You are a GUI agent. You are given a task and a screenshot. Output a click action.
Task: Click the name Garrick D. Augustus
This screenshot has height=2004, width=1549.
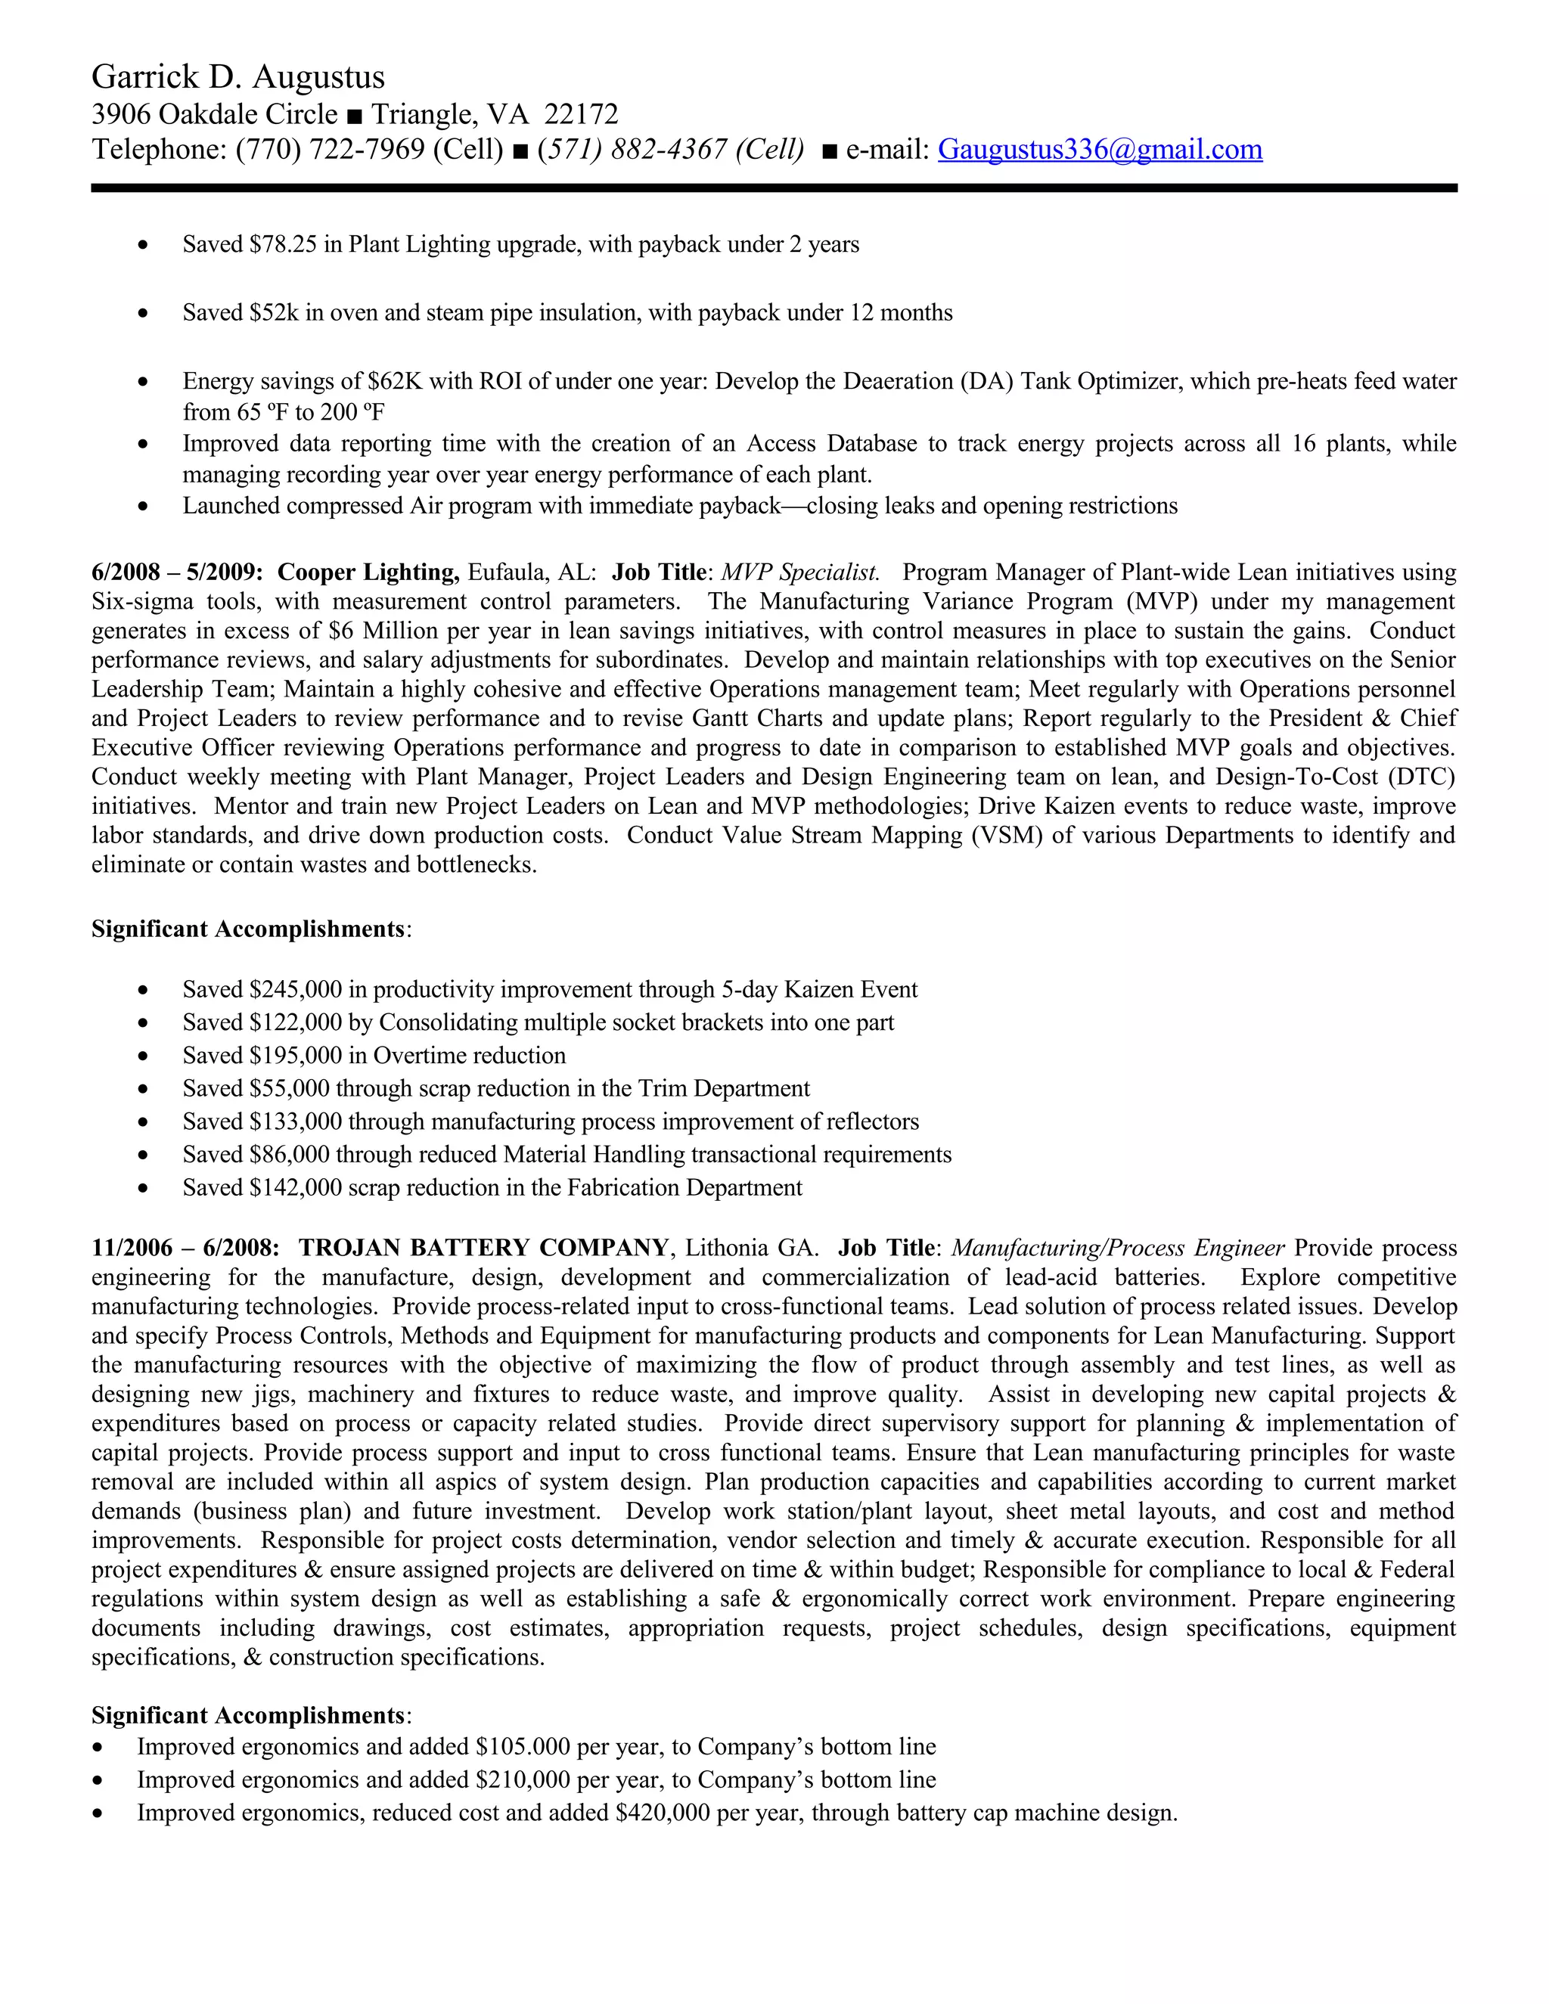(237, 77)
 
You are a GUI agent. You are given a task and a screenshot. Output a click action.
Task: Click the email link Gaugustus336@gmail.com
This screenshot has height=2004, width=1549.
(1099, 150)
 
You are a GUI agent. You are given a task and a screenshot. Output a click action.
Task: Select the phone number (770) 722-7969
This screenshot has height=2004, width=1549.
(331, 150)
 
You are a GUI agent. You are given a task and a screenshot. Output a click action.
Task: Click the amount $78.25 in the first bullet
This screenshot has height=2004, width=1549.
(281, 245)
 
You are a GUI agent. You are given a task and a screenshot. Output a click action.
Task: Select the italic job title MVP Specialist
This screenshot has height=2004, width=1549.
(799, 572)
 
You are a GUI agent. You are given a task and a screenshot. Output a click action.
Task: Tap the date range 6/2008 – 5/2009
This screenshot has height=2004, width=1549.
(176, 572)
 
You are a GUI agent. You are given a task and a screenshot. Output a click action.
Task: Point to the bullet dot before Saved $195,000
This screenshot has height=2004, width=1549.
(142, 1057)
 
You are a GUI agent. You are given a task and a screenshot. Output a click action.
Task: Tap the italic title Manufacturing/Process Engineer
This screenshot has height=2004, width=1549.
(1118, 1248)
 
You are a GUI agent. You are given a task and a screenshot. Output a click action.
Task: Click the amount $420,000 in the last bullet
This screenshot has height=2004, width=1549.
(663, 1813)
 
